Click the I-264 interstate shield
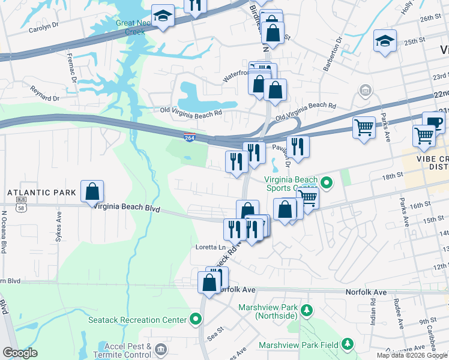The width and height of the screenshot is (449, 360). point(189,138)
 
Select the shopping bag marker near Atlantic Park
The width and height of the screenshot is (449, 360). point(92,192)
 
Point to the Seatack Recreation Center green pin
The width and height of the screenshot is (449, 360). point(195,319)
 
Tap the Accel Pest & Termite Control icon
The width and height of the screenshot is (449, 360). point(160,349)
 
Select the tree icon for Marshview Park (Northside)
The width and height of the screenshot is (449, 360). point(307,310)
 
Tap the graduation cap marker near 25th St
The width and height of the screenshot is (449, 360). point(385,41)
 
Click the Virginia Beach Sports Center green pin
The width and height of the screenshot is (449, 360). point(327,181)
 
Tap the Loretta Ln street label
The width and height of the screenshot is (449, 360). point(210,247)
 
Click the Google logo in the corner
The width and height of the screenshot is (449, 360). point(20,353)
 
